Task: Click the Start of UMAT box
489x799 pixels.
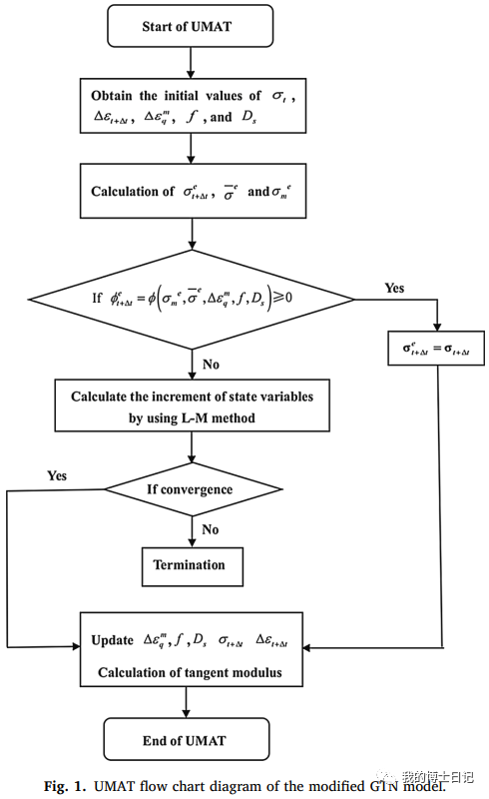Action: point(190,26)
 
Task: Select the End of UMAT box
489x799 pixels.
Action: point(187,739)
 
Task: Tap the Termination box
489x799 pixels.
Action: point(192,566)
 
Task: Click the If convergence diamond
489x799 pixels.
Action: point(193,489)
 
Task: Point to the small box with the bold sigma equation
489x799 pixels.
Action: point(436,349)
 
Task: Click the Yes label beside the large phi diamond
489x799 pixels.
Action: point(394,288)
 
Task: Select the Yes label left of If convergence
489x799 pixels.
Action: point(57,475)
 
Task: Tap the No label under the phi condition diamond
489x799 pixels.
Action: point(211,365)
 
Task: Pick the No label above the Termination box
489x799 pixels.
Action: point(211,529)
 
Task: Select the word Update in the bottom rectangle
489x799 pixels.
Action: point(112,640)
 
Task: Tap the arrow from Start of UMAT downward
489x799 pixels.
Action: point(191,63)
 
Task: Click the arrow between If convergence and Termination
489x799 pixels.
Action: point(192,532)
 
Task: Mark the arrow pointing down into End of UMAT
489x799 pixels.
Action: point(186,702)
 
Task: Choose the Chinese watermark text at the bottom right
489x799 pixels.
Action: point(437,777)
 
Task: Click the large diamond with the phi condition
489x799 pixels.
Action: point(192,299)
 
